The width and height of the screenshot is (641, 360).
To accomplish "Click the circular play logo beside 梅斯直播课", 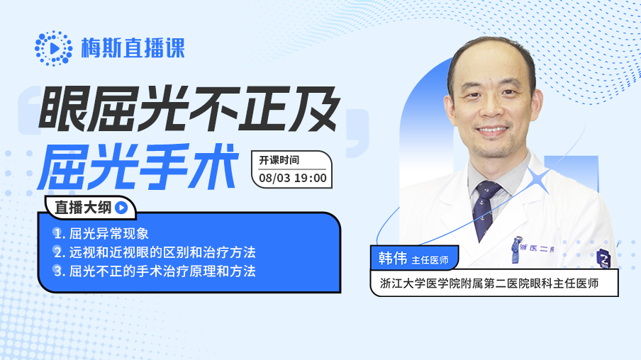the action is coord(54,48).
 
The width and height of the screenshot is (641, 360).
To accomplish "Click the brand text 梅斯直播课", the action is coord(133,48).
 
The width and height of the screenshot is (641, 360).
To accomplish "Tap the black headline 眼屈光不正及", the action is coord(189,108).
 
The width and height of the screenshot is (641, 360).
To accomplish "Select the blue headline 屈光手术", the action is coord(138,167).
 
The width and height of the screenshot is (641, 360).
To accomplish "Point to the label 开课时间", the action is coord(279,160).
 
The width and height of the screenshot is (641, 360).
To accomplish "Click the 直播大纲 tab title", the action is coord(83,208).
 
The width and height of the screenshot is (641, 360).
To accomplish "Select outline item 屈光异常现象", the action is coord(108,234).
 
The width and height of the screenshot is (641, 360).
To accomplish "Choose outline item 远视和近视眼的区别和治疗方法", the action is coord(162,252).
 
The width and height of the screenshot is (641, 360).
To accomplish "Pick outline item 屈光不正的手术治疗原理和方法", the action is coord(162,271).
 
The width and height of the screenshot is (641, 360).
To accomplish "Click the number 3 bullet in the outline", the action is coord(57,271).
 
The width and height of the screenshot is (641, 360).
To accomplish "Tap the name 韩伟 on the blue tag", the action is coord(392,258).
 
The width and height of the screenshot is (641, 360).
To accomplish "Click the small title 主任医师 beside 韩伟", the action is coord(430,260).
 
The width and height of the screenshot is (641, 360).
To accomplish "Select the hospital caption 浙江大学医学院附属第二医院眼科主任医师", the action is coord(489,283).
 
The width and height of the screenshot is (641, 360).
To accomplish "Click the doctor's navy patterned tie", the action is coord(486,209).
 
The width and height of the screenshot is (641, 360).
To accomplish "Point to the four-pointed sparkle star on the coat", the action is coord(539,180).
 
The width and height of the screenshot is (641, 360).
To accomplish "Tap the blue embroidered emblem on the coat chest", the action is coord(517,249).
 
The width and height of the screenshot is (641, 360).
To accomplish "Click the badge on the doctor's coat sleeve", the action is coord(603,258).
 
